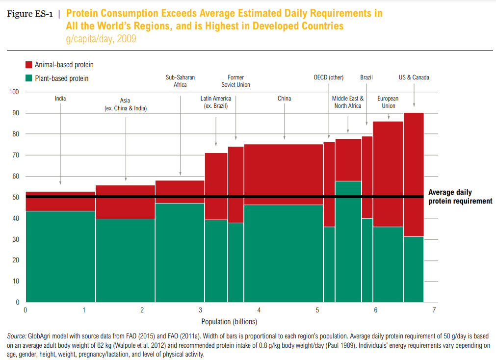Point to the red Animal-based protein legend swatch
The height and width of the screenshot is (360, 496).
pyautogui.click(x=29, y=64)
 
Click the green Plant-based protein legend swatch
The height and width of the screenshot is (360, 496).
pyautogui.click(x=29, y=78)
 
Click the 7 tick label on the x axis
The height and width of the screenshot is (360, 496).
pyautogui.click(x=434, y=310)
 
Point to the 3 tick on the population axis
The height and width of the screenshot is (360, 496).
pyautogui.click(x=200, y=310)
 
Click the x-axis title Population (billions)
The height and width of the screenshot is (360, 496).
pyautogui.click(x=229, y=322)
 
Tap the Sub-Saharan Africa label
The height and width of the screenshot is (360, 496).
pyautogui.click(x=180, y=81)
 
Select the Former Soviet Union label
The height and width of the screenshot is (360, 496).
pyautogui.click(x=235, y=81)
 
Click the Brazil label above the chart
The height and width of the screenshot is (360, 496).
pyautogui.click(x=366, y=77)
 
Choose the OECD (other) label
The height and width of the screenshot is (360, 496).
pyautogui.click(x=329, y=77)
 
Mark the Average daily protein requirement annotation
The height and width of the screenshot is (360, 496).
pyautogui.click(x=460, y=197)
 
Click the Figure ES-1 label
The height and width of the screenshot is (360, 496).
pyautogui.click(x=28, y=14)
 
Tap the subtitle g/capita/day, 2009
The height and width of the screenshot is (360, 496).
pyautogui.click(x=101, y=38)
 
